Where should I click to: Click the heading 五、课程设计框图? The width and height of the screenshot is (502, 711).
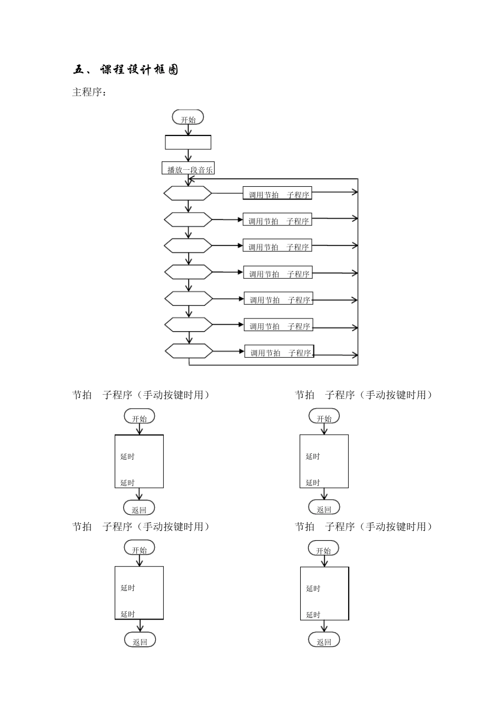pos(126,70)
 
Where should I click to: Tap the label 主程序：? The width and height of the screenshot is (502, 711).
pos(89,93)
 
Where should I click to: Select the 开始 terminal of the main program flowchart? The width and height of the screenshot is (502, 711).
pos(188,117)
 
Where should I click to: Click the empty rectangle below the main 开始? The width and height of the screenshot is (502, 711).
pos(188,142)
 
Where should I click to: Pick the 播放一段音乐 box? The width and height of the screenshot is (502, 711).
pos(188,169)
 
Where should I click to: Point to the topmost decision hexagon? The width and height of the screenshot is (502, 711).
pos(188,193)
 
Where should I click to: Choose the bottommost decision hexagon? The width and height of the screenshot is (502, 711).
pos(189,351)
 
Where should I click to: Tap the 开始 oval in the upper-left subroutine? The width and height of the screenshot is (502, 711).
pos(140,417)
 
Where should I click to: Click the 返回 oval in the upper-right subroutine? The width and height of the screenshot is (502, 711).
pos(324,508)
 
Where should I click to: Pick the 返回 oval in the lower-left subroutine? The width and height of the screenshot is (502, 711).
pos(140,640)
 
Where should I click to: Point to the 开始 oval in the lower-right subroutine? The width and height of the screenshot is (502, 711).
pos(323,549)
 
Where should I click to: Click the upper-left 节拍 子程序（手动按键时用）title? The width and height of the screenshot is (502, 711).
pos(142,395)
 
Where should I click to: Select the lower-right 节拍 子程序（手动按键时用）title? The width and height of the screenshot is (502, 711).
pos(364,526)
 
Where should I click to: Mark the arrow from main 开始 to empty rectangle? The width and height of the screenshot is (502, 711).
pos(188,130)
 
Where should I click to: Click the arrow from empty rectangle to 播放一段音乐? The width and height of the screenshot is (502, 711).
pos(188,156)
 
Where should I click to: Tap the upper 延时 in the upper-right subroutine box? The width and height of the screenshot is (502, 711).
pos(313,456)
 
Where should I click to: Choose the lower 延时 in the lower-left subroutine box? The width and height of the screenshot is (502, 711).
pos(128,614)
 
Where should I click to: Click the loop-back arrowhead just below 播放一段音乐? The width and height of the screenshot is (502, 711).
pos(191,179)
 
